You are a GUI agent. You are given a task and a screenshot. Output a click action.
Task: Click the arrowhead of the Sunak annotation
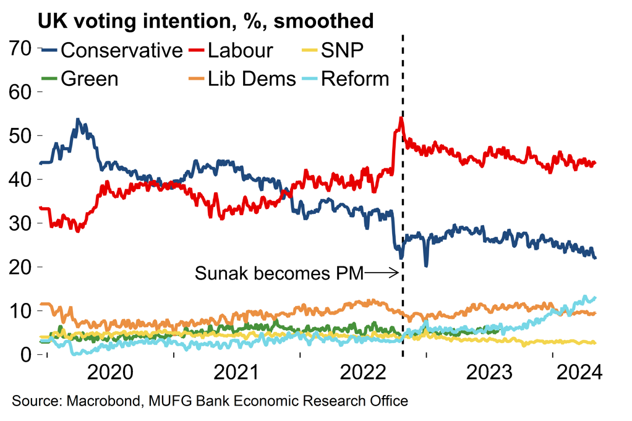tap(397, 271)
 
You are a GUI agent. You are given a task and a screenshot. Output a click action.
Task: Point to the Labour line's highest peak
tap(401, 117)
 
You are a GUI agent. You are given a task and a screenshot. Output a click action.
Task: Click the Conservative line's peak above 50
tap(77, 119)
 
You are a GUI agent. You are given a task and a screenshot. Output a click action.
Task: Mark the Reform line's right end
tap(596, 298)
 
